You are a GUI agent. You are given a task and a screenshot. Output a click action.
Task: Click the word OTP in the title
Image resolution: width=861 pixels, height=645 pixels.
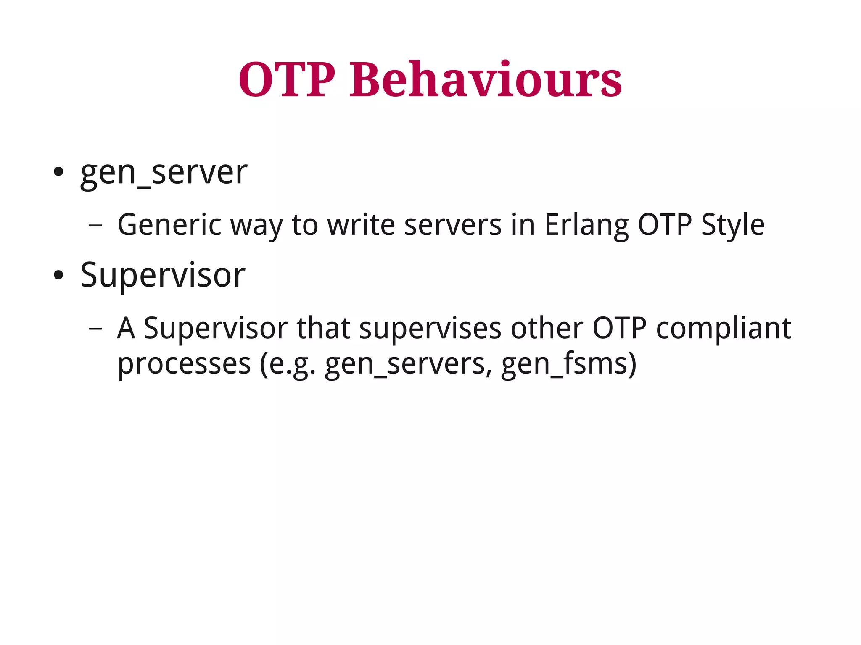click(287, 80)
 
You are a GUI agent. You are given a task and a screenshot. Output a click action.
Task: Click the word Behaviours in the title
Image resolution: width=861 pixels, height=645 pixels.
click(486, 80)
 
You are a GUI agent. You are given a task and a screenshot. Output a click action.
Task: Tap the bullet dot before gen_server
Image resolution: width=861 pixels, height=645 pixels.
click(58, 172)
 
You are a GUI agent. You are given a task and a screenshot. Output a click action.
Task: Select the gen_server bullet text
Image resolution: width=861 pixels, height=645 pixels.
click(164, 173)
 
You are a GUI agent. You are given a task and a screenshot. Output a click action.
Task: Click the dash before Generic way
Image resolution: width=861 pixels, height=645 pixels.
click(95, 226)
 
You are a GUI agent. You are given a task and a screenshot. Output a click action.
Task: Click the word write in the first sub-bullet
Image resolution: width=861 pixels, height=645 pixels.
click(361, 225)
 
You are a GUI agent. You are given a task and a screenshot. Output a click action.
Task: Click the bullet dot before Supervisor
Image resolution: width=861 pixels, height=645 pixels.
click(58, 275)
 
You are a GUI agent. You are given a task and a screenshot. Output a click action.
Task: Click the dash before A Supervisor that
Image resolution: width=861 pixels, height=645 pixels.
click(95, 329)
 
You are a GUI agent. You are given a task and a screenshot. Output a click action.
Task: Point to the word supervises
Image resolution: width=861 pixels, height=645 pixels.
click(430, 329)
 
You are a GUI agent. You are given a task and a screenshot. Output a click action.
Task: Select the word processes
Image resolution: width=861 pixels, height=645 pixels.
click(184, 364)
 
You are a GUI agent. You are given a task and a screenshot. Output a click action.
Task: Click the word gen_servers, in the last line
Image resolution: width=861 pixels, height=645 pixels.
click(408, 364)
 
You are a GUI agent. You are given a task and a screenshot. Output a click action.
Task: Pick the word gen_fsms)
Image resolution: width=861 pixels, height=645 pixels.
click(568, 364)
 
